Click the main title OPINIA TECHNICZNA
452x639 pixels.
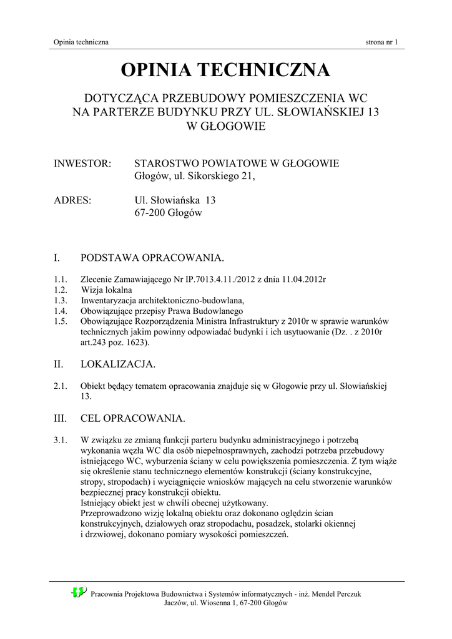225,71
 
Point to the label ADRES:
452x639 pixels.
73,200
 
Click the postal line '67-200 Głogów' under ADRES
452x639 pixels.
169,213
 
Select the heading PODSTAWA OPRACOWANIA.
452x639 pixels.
152,258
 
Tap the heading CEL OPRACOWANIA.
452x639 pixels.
133,417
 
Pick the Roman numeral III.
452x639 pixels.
61,417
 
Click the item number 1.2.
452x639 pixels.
60,290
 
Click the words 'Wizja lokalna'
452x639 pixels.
107,290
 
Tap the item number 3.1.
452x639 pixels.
60,439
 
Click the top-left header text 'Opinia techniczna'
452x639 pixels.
81,42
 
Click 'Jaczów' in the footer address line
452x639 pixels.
177,603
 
